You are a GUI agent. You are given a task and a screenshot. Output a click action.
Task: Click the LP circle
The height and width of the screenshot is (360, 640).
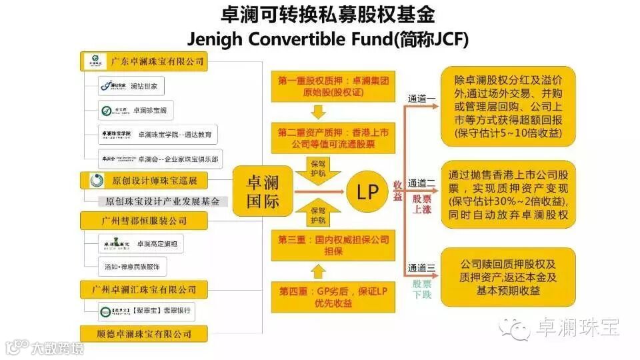coord(368,193)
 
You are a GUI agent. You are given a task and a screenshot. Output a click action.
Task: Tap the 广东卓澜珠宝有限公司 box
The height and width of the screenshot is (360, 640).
coord(144,62)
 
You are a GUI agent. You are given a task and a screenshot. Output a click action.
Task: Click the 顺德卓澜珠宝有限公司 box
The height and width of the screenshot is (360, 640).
coord(144,333)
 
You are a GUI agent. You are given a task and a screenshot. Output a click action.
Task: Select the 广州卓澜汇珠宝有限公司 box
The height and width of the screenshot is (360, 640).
coord(144,289)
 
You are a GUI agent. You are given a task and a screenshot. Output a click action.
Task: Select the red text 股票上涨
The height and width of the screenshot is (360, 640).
coord(422,204)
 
